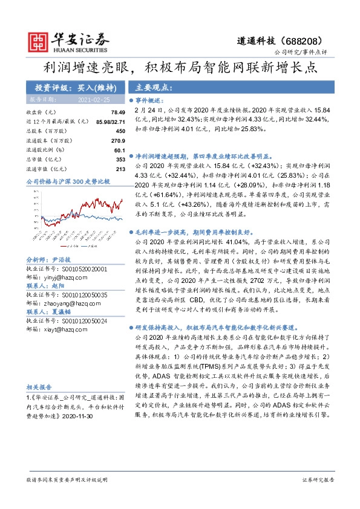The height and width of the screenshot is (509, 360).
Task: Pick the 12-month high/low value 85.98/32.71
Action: coord(109,122)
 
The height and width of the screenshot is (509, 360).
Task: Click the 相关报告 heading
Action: coord(39,387)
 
